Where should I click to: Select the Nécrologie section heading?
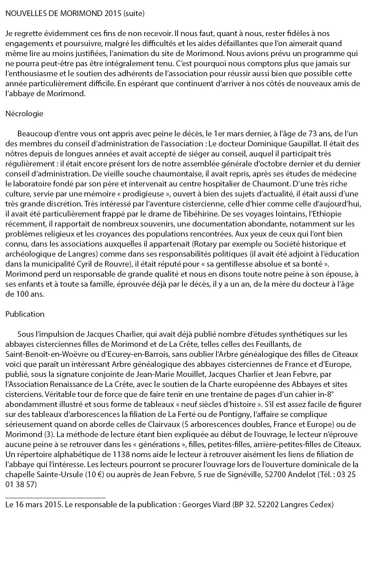click(x=24, y=114)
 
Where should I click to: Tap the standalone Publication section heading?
click(x=25, y=314)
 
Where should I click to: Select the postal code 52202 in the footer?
click(x=267, y=505)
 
